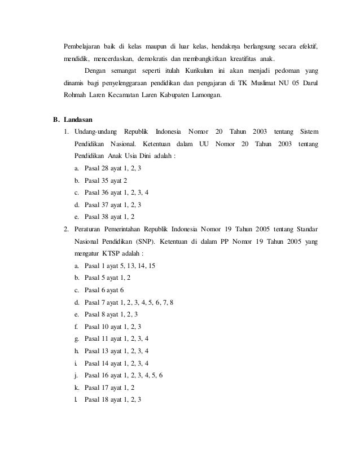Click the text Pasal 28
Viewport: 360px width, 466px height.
[x=94, y=169]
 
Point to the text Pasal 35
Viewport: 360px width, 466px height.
[x=94, y=181]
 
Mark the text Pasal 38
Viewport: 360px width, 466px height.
[x=94, y=217]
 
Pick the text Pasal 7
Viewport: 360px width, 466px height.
[x=92, y=302]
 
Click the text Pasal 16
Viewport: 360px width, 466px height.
[x=94, y=375]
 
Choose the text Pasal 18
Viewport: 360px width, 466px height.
[x=94, y=399]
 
